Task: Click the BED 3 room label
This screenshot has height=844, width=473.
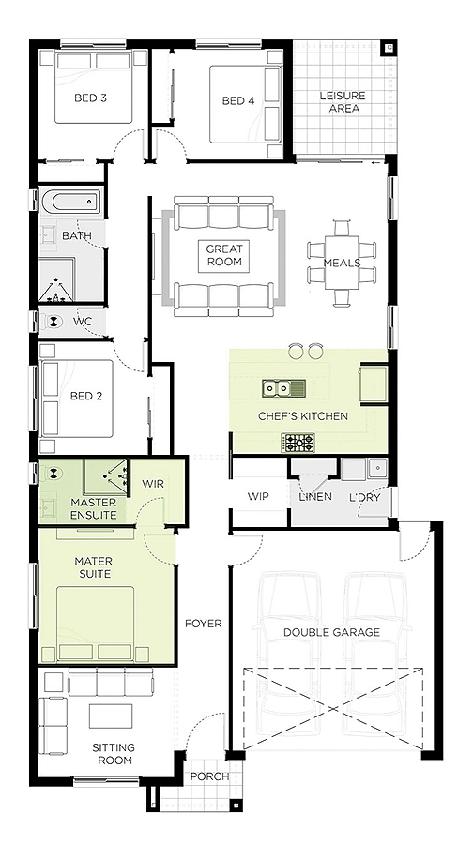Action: click(90, 98)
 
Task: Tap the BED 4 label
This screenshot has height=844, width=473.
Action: click(238, 100)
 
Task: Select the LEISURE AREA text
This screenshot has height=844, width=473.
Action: click(343, 101)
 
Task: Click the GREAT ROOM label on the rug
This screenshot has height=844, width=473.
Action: click(224, 256)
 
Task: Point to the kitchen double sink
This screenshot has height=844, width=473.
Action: click(284, 387)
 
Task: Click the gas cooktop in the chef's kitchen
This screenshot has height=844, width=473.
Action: click(298, 443)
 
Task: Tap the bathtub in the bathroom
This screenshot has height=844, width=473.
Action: click(70, 202)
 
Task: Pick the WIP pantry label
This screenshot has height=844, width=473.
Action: click(258, 496)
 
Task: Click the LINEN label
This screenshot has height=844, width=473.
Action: click(315, 496)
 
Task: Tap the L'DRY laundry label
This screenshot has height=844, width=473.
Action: click(365, 496)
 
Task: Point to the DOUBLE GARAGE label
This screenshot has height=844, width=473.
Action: click(332, 632)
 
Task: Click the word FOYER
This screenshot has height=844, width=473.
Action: click(203, 624)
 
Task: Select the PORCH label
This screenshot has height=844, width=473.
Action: click(209, 776)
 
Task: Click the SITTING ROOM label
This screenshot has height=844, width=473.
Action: click(114, 754)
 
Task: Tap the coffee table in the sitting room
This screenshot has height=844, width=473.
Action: click(111, 716)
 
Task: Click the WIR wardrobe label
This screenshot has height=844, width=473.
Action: click(153, 483)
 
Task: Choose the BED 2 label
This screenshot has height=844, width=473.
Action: click(86, 396)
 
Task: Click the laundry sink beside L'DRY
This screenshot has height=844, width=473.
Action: click(377, 467)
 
